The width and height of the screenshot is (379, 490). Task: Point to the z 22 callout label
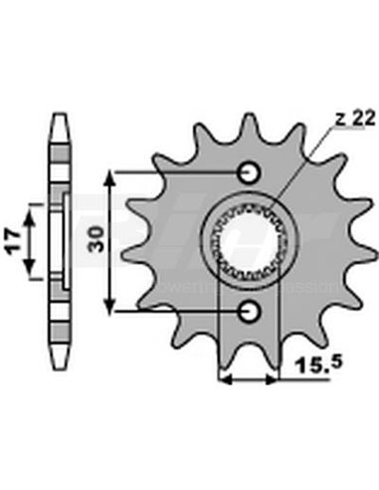tap(327, 121)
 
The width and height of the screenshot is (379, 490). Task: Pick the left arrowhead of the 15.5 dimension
tap(224, 379)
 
